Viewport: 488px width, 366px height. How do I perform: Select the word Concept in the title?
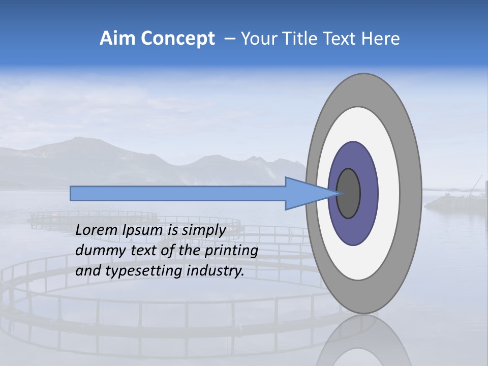pyautogui.click(x=177, y=39)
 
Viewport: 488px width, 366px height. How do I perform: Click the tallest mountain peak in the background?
pyautogui.click(x=76, y=138)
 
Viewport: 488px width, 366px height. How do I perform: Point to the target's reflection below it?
pyautogui.click(x=363, y=341)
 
